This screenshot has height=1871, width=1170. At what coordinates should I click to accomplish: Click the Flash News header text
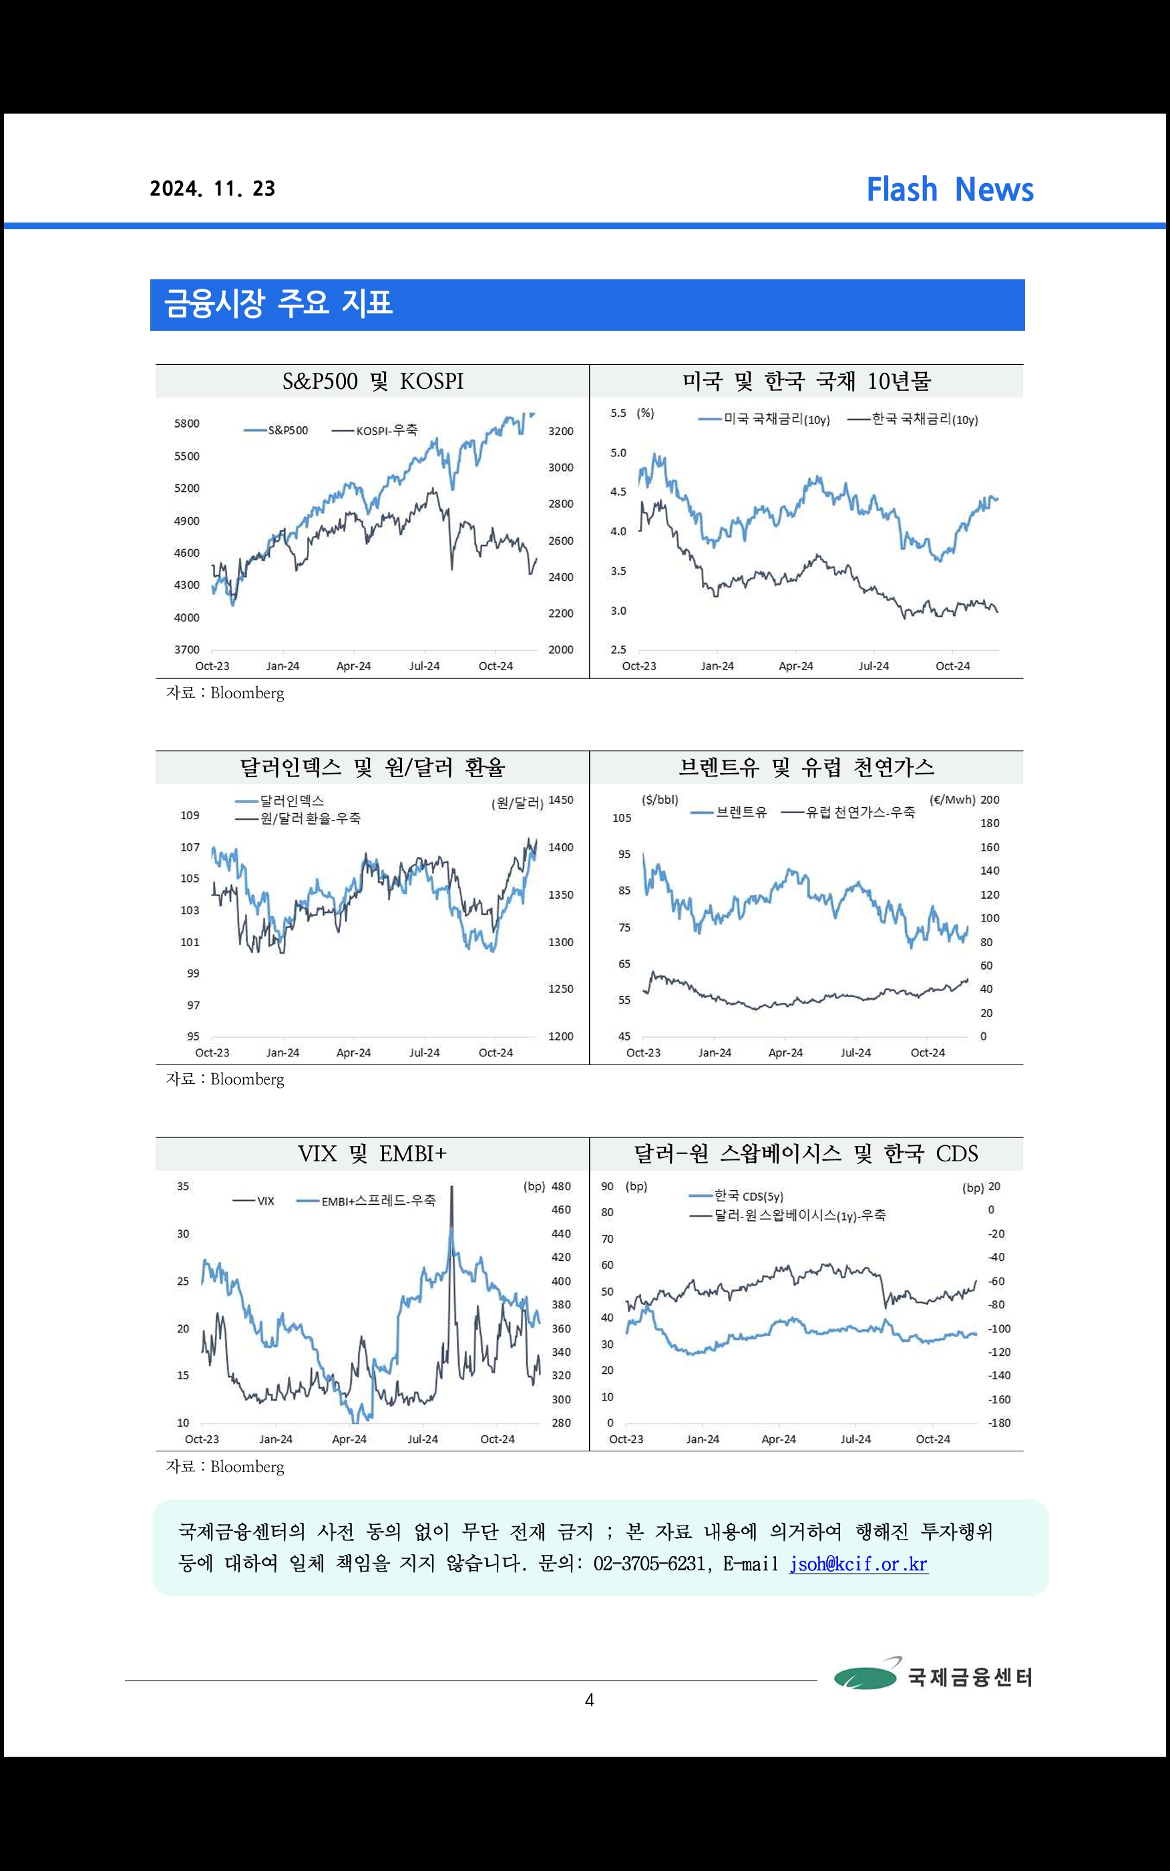(950, 190)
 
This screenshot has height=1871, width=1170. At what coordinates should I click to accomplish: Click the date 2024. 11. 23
(213, 189)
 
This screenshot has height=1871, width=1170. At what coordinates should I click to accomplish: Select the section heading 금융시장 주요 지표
(278, 303)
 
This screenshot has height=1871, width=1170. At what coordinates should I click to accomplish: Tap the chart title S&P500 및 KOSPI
(372, 382)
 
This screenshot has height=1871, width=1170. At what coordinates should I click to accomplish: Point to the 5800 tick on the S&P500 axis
(186, 424)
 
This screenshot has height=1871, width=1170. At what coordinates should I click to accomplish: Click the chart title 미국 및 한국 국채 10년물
(806, 382)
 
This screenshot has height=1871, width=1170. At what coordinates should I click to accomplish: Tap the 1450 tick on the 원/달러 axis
(561, 801)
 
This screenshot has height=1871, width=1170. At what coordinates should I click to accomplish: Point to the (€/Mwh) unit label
(952, 801)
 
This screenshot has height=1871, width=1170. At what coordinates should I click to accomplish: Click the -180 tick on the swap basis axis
(999, 1423)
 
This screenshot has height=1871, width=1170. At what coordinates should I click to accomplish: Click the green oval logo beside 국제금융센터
(865, 1677)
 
